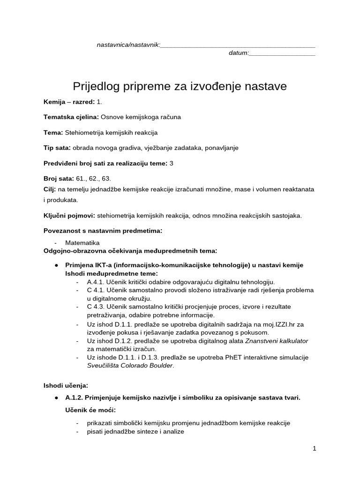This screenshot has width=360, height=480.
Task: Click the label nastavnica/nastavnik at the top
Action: click(128, 45)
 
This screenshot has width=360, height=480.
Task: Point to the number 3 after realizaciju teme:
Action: click(171, 163)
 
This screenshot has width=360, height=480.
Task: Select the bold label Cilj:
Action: click(50, 189)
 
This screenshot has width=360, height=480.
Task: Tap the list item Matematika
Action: click(82, 243)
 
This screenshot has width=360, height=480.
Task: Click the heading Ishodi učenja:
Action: click(66, 385)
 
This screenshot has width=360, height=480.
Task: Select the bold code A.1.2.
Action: click(74, 397)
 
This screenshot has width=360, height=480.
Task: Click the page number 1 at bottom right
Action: click(315, 448)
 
